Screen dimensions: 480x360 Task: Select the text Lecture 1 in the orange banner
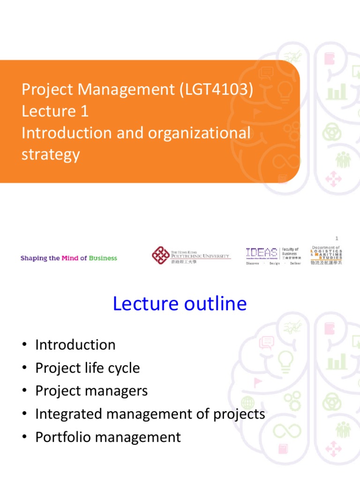[x=55, y=111]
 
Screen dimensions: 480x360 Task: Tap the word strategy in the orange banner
[x=51, y=154]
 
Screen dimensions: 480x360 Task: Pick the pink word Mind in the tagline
[x=70, y=258]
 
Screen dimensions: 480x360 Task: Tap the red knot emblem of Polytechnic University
[x=161, y=255]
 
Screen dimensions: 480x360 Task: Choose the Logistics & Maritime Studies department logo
[x=327, y=255]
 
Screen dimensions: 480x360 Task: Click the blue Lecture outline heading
[x=180, y=304]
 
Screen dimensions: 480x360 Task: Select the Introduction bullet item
[x=75, y=345]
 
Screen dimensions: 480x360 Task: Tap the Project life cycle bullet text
[x=88, y=368]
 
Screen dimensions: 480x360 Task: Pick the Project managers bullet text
[x=91, y=391]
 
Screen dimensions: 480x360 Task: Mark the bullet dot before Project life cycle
[x=24, y=368]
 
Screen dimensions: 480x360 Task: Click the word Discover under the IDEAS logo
[x=253, y=263]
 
